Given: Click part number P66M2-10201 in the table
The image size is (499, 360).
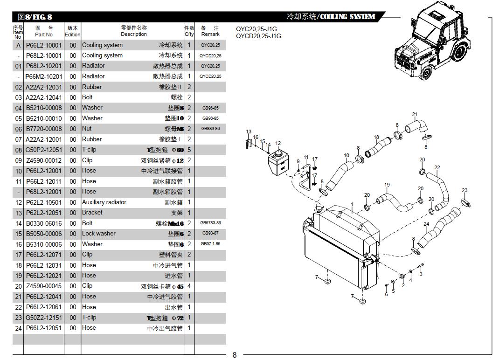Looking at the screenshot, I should click(44, 76).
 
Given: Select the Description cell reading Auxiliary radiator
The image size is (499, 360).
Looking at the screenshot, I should click(104, 202).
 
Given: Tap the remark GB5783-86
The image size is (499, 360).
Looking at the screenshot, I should click(210, 223).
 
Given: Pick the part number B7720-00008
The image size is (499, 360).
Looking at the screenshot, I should click(44, 129).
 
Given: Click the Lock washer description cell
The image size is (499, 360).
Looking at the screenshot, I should click(98, 234).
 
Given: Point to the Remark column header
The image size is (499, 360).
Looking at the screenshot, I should click(210, 31).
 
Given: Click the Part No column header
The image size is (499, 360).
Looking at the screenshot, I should click(44, 31).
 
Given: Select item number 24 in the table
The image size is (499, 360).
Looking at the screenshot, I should click(18, 328).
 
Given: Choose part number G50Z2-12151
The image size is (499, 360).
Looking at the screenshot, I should click(44, 318).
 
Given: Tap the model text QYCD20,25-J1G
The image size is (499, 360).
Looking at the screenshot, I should click(258, 36).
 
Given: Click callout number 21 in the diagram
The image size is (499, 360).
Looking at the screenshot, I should click(415, 115).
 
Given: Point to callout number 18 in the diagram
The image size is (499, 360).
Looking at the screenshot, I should click(376, 138).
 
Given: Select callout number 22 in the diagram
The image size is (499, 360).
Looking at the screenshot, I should click(437, 168).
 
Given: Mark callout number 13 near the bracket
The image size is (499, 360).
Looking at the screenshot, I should click(249, 132).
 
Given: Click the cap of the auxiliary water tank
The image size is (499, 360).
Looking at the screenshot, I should click(278, 152).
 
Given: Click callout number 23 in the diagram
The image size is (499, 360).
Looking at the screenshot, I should click(464, 190).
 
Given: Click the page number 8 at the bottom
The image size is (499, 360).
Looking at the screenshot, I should click(235, 355).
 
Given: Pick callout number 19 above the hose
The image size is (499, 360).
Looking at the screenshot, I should click(387, 185).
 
